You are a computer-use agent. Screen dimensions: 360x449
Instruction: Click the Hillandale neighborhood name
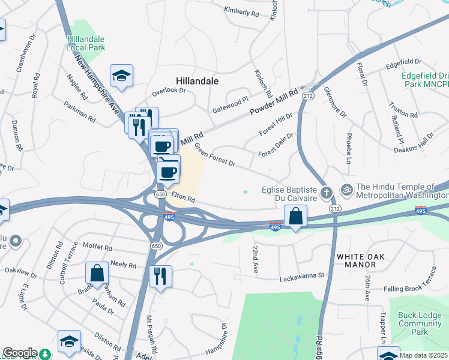click(x=197, y=80)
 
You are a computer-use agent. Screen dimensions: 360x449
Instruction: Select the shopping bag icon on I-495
click(x=296, y=216)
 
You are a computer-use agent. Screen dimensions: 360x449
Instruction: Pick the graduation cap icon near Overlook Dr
click(x=122, y=76)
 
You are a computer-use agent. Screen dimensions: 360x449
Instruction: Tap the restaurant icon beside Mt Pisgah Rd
click(x=160, y=276)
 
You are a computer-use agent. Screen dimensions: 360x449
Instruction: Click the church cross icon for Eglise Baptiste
click(x=326, y=193)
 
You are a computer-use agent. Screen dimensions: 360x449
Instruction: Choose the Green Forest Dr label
click(x=214, y=155)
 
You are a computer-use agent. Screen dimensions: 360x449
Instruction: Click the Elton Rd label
click(x=184, y=197)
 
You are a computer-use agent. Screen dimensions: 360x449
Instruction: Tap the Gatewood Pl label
click(x=231, y=106)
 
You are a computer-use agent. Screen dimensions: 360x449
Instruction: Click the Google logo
click(x=20, y=353)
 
